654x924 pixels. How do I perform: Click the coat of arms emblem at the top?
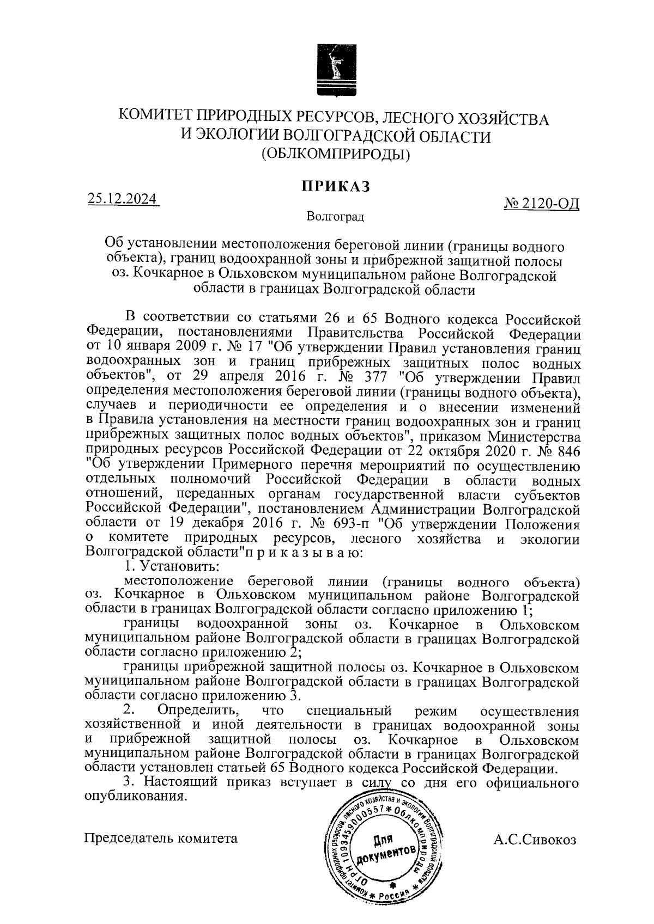click(x=333, y=72)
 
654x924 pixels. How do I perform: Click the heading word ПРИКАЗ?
click(x=336, y=186)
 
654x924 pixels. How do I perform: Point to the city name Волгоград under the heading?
click(x=335, y=217)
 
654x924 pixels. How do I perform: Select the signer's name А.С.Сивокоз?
click(x=534, y=839)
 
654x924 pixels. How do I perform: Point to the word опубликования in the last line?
click(x=133, y=797)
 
